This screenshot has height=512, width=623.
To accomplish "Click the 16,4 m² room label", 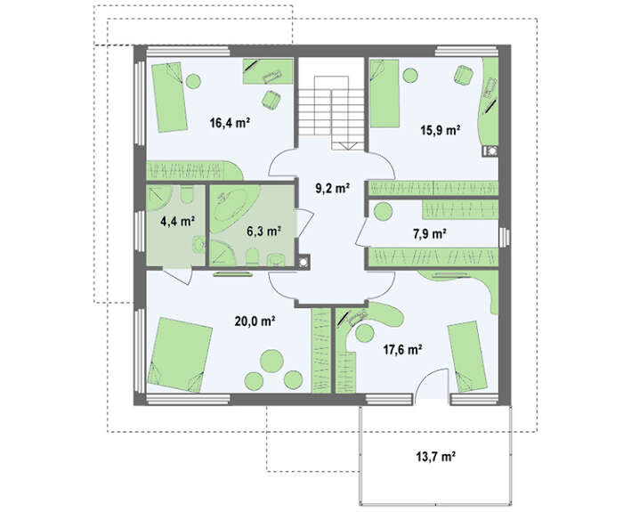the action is (230, 123).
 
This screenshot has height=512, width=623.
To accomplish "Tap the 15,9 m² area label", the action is (441, 130).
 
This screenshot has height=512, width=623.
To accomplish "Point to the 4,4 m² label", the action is (177, 221).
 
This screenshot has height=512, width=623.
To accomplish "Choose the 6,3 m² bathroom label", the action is (264, 231).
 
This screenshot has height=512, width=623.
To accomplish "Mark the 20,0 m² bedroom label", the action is (255, 321).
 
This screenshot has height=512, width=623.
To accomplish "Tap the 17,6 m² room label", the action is (402, 349).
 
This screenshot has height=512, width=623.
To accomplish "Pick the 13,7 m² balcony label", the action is (435, 457).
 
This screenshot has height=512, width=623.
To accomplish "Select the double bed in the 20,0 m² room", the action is (180, 355).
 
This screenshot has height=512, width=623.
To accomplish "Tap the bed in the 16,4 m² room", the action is (168, 96).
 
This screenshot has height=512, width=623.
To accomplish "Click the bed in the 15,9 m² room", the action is (384, 93).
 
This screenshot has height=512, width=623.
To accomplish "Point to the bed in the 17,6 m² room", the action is (467, 356).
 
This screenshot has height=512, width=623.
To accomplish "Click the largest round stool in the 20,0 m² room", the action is (271, 361).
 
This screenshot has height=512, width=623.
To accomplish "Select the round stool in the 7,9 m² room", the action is (384, 212).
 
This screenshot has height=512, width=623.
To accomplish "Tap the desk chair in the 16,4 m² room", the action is (271, 100).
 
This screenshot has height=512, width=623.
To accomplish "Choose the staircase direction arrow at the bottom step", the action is (349, 146).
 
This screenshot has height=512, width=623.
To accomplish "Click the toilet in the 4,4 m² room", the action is (186, 195).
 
